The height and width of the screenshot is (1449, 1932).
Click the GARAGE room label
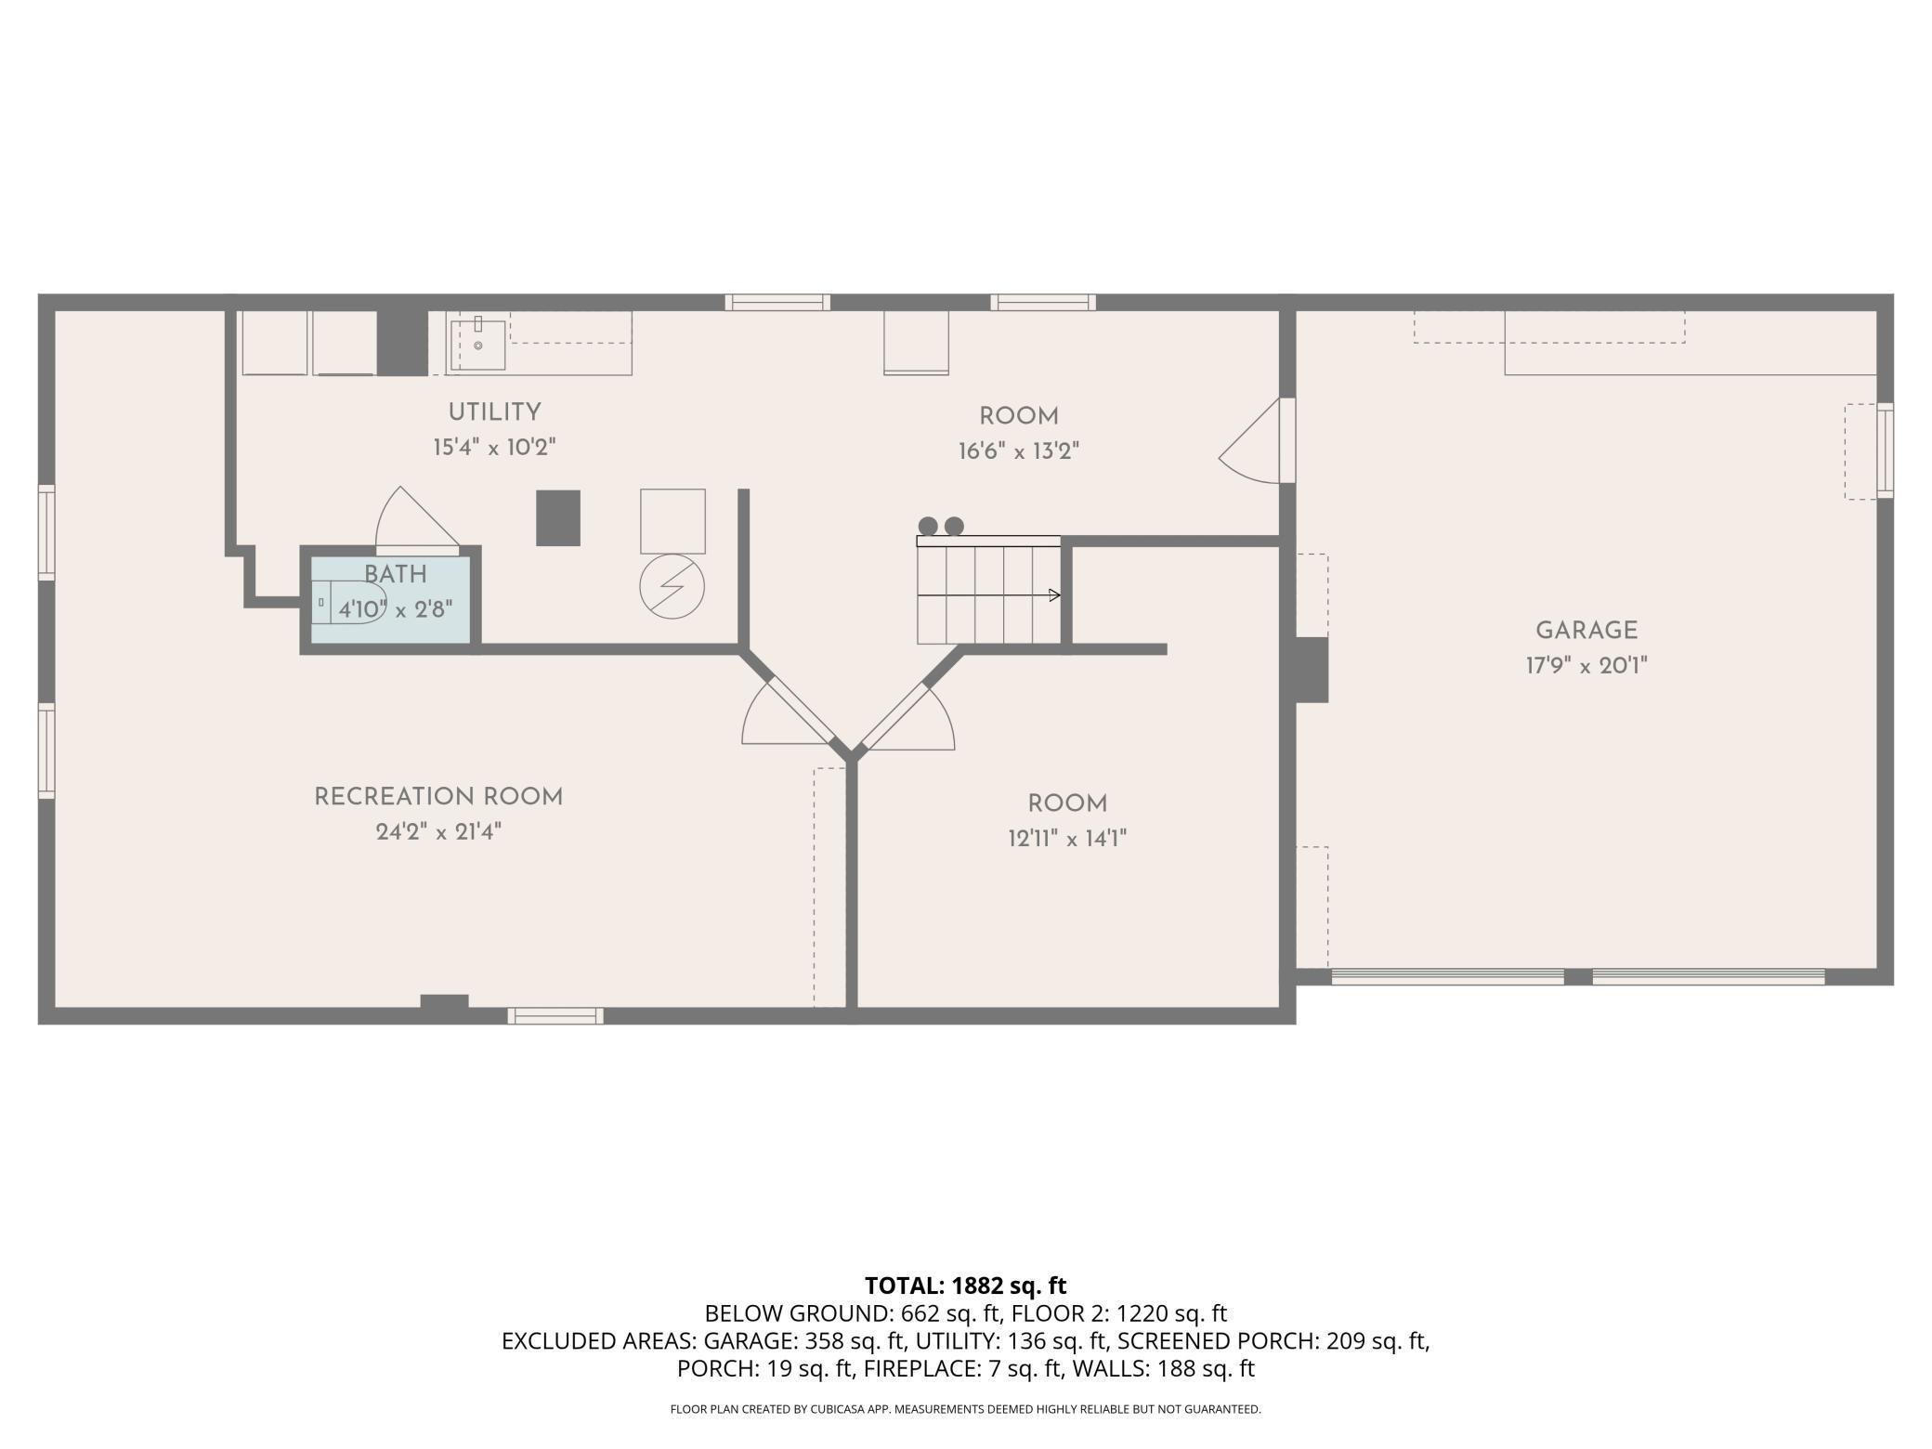pyautogui.click(x=1586, y=631)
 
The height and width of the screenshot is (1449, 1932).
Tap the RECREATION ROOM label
pyautogui.click(x=438, y=797)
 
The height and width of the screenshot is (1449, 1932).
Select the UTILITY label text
pyautogui.click(x=494, y=412)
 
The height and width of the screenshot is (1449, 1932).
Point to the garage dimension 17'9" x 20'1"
pyautogui.click(x=1586, y=666)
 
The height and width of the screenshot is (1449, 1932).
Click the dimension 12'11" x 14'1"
pyautogui.click(x=1067, y=839)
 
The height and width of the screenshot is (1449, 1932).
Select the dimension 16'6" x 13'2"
pyautogui.click(x=1019, y=451)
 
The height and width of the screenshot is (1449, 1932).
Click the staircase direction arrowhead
pyautogui.click(x=1054, y=595)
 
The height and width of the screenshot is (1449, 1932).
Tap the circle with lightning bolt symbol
pyautogui.click(x=672, y=587)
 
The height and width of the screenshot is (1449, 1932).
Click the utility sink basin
pyautogui.click(x=478, y=345)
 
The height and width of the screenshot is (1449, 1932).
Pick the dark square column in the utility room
pyautogui.click(x=558, y=518)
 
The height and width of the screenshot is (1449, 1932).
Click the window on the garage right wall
pyautogui.click(x=1885, y=450)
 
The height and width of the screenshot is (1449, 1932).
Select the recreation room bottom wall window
pyautogui.click(x=555, y=1016)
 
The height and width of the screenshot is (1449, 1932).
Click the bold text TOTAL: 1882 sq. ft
pyautogui.click(x=966, y=1286)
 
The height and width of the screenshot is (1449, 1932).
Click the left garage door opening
pyautogui.click(x=1447, y=976)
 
